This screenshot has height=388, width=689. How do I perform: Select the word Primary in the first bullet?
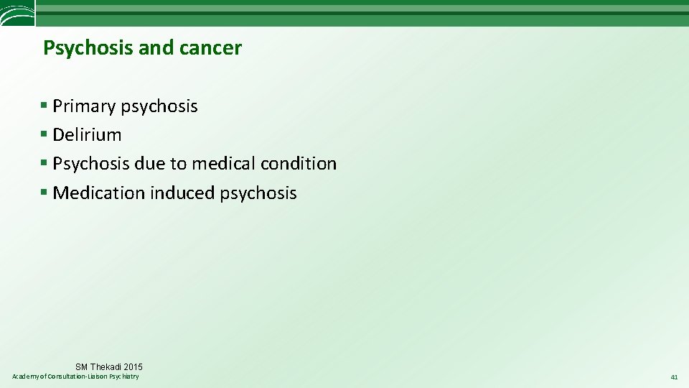tap(84, 106)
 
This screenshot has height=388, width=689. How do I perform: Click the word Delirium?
tap(87, 134)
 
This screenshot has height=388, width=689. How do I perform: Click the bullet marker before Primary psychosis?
tap(44, 106)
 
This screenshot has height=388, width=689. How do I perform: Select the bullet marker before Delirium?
tap(44, 134)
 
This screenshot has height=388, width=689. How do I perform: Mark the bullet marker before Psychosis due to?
tap(44, 164)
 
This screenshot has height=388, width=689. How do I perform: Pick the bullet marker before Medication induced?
tap(44, 193)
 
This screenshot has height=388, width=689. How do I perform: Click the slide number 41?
tap(674, 377)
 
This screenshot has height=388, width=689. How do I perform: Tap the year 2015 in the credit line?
tap(133, 367)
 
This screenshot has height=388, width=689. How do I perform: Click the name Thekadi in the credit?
tap(106, 367)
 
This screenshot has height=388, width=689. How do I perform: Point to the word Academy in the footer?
tap(27, 377)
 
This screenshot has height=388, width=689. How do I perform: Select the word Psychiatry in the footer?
tap(124, 377)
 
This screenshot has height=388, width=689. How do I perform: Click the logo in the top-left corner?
tap(17, 13)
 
